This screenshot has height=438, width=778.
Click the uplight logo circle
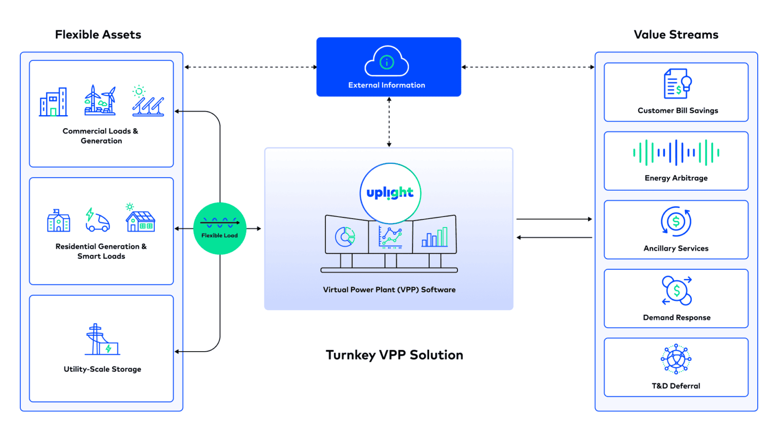pyautogui.click(x=390, y=193)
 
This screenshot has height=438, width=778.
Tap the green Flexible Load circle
pyautogui.click(x=219, y=229)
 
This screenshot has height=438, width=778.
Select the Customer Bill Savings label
pyautogui.click(x=677, y=110)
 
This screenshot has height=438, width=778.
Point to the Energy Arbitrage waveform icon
pyautogui.click(x=676, y=153)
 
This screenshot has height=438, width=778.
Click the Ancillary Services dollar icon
pyautogui.click(x=676, y=221)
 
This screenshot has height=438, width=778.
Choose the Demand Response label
pyautogui.click(x=676, y=317)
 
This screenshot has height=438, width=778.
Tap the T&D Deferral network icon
pyautogui.click(x=676, y=359)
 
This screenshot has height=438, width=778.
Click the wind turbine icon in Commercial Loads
pyautogui.click(x=101, y=100)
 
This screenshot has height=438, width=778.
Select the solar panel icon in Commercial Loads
pyautogui.click(x=147, y=101)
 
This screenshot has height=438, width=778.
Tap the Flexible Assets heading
pyautogui.click(x=98, y=34)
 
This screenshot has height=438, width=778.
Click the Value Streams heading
pyautogui.click(x=676, y=34)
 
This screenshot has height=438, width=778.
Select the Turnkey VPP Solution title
pyautogui.click(x=394, y=355)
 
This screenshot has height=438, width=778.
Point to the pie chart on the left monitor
pyautogui.click(x=345, y=237)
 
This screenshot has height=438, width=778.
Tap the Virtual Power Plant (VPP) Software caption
pyautogui.click(x=389, y=290)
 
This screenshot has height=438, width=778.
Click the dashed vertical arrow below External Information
pyautogui.click(x=389, y=122)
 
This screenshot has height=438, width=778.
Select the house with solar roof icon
pyautogui.click(x=140, y=220)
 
